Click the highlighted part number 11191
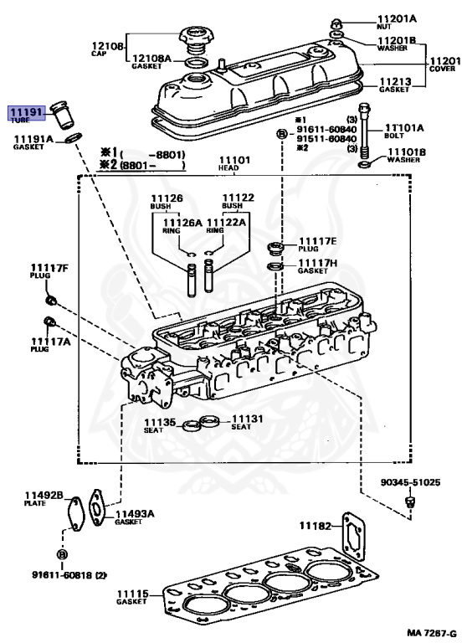click(x=24, y=111)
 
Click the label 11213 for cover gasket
click(x=395, y=80)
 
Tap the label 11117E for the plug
click(x=317, y=241)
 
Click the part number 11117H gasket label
click(x=318, y=262)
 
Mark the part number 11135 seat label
click(x=159, y=421)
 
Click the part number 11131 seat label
click(x=247, y=418)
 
